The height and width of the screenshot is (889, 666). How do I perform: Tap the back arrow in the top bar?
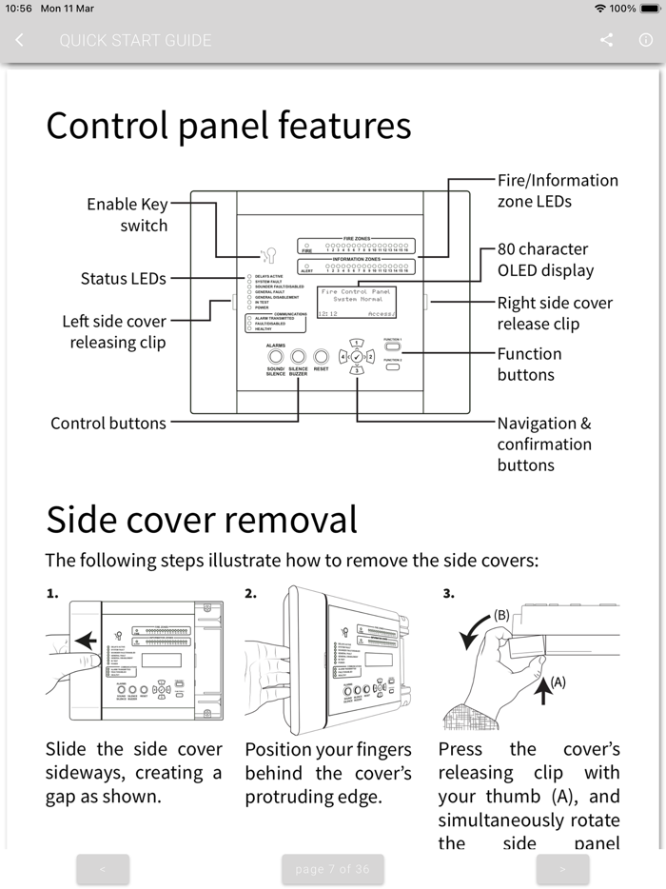(20, 40)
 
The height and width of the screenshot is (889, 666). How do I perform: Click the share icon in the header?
(607, 40)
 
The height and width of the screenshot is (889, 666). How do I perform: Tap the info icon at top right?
(645, 40)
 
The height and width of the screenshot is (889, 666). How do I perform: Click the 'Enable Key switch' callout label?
(127, 215)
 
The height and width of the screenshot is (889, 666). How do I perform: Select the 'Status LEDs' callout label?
(123, 279)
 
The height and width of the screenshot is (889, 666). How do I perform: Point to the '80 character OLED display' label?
(544, 260)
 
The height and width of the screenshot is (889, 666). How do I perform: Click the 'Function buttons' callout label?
(529, 364)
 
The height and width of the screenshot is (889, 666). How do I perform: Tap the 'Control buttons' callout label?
(108, 424)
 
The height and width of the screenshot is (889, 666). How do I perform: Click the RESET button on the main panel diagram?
(322, 356)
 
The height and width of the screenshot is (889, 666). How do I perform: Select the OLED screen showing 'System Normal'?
(356, 302)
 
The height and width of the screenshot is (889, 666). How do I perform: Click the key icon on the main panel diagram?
(267, 254)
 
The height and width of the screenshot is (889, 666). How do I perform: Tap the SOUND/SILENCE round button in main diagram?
(276, 356)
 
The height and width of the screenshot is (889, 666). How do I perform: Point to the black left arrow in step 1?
(85, 641)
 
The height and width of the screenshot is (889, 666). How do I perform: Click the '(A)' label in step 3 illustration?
(558, 682)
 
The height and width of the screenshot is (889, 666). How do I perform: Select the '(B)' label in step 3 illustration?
(501, 615)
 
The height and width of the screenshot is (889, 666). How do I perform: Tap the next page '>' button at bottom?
(562, 869)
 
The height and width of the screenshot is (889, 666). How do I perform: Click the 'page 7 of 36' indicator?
(332, 869)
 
